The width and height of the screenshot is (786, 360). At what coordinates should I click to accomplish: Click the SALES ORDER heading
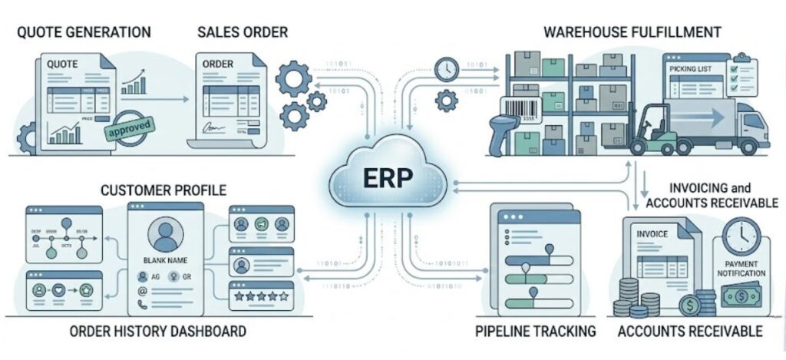coord(243,32)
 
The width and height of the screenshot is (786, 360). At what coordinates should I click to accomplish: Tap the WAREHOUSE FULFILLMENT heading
coord(632,32)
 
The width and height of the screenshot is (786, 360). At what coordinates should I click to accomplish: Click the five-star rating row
coord(261,294)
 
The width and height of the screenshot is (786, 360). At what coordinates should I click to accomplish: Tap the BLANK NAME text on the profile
coord(166,259)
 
